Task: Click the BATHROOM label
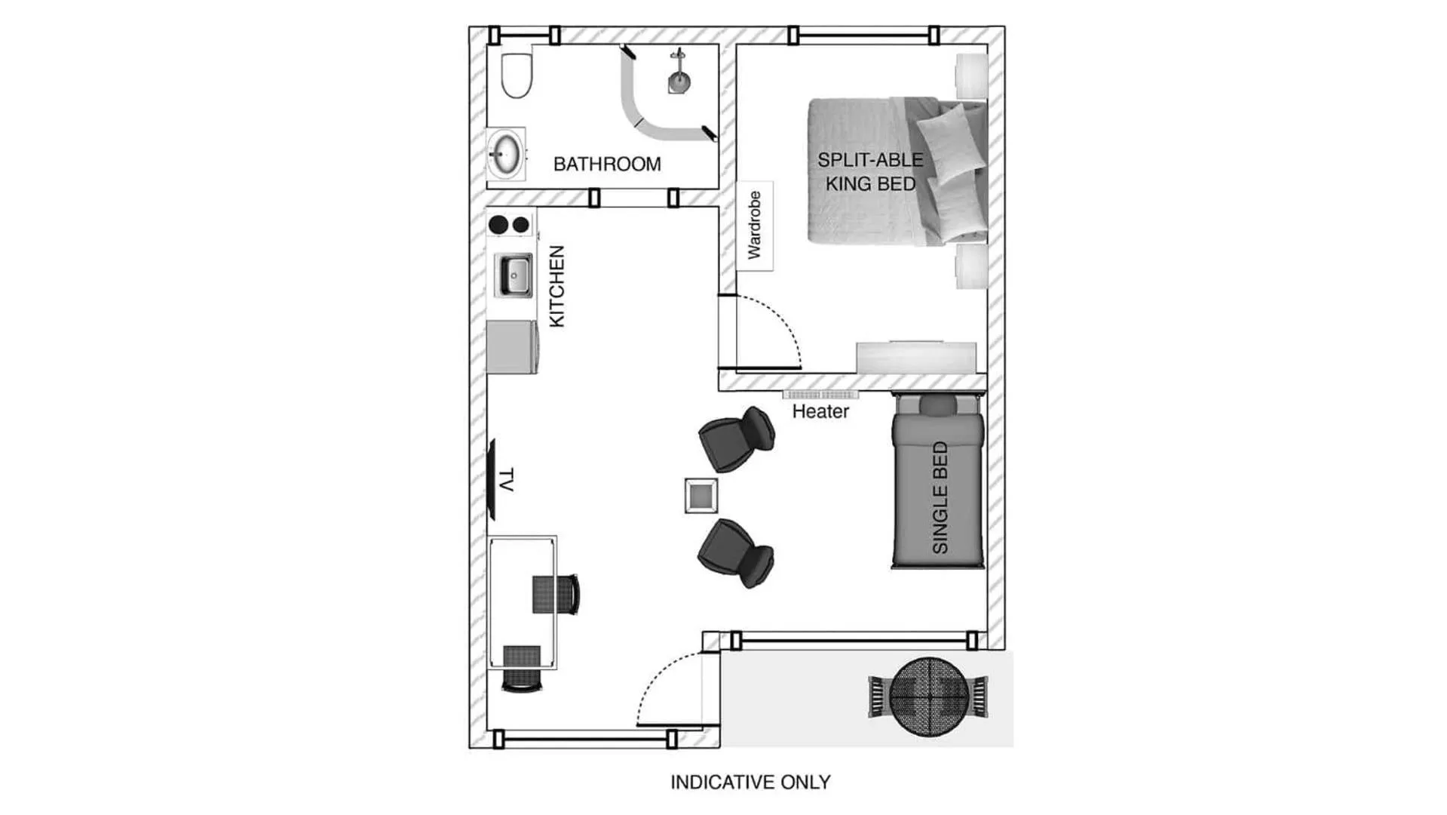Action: coord(606,164)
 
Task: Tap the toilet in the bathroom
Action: coord(517,75)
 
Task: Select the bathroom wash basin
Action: coord(505,153)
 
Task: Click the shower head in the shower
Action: coord(679,78)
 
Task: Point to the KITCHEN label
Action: coord(556,286)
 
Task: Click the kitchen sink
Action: coord(514,275)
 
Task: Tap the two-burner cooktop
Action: coord(509,224)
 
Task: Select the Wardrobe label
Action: coord(754,226)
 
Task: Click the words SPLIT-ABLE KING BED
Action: coord(869,172)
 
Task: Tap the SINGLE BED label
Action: coord(940,497)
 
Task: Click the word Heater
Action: coord(820,411)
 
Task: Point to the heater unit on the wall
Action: coord(820,395)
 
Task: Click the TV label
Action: coord(506,480)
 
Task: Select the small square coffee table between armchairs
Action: coord(701,496)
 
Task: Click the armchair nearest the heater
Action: coord(736,438)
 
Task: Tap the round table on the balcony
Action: coord(927,696)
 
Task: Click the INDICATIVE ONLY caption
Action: coord(750,782)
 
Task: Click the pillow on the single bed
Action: coord(937,405)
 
